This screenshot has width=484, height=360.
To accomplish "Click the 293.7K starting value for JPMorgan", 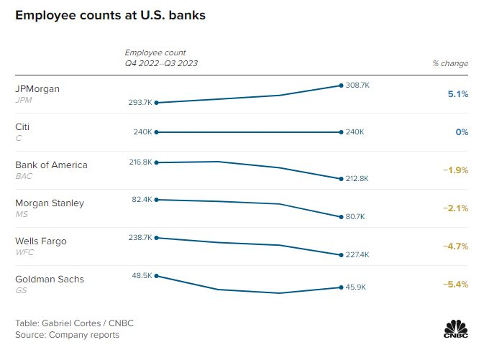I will tap(140, 103).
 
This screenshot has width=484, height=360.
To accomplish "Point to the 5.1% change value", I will tap(457, 94).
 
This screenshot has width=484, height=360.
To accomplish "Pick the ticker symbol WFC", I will tap(24, 252).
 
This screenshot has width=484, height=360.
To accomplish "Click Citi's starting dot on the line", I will tap(156, 132).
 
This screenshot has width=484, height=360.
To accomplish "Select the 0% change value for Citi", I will tap(462, 132).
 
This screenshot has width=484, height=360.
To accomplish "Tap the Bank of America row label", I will tap(51, 165).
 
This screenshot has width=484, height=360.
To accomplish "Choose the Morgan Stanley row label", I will tap(49, 203).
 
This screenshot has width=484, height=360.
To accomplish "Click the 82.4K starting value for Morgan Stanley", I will tap(142, 199).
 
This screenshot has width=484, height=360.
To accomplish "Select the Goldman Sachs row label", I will tap(50, 279).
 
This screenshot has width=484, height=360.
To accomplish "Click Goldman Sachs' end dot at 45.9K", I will tap(341, 287).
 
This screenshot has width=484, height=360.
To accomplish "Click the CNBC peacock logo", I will tap(455, 327).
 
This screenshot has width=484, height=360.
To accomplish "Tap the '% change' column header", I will tap(450, 63).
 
